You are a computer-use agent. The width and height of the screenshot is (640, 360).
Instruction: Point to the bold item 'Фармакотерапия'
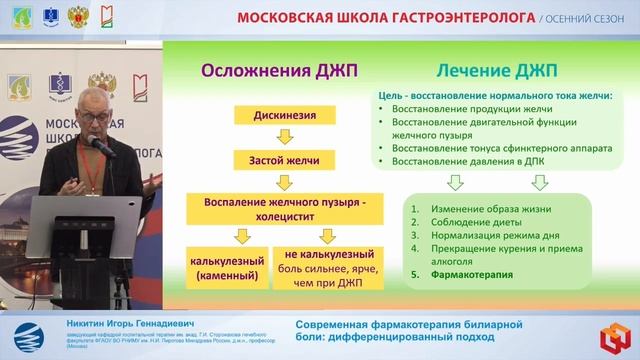(x=458, y=274)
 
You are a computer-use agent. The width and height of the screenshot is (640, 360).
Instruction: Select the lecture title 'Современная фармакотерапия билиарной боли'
(x=407, y=332)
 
